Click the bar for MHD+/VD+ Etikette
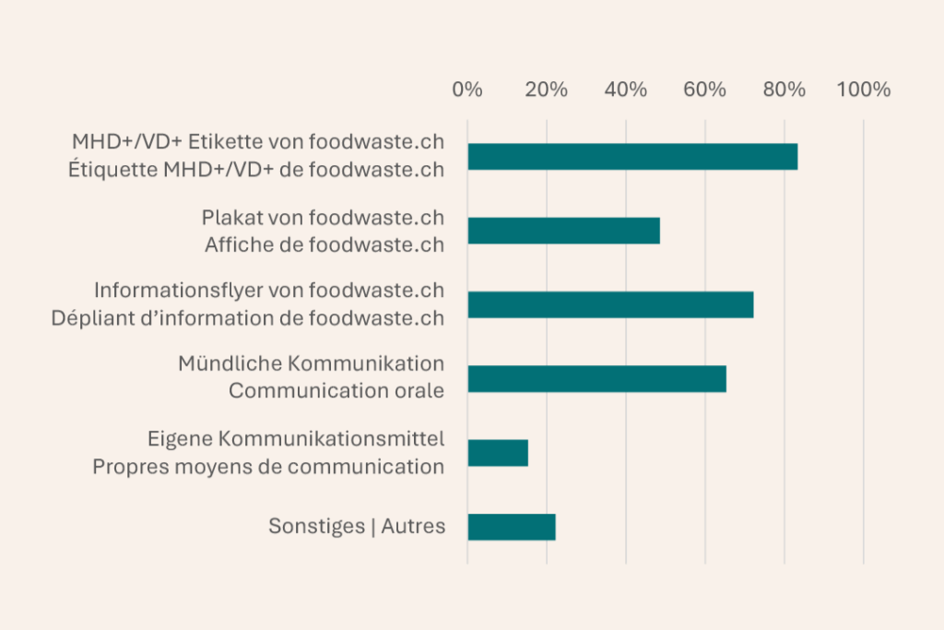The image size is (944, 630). [x=632, y=157]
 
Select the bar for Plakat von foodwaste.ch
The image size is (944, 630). [x=563, y=231]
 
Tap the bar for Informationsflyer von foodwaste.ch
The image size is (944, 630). [x=610, y=304]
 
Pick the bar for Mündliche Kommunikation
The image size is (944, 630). [x=596, y=379]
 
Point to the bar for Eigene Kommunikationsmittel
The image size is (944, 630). [x=498, y=453]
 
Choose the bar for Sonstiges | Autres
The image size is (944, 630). [x=512, y=527]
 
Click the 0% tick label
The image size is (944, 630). [x=467, y=90]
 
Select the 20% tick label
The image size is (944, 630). [x=547, y=90]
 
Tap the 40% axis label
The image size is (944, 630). [x=626, y=90]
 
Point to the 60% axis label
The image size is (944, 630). [x=705, y=90]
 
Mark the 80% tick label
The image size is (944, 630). [x=785, y=90]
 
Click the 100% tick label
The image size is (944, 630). [x=864, y=90]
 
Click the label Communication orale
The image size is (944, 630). [x=336, y=391]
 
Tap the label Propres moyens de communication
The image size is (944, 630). [x=268, y=467]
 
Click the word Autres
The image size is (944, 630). [x=413, y=527]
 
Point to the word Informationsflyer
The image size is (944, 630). [x=178, y=291]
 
